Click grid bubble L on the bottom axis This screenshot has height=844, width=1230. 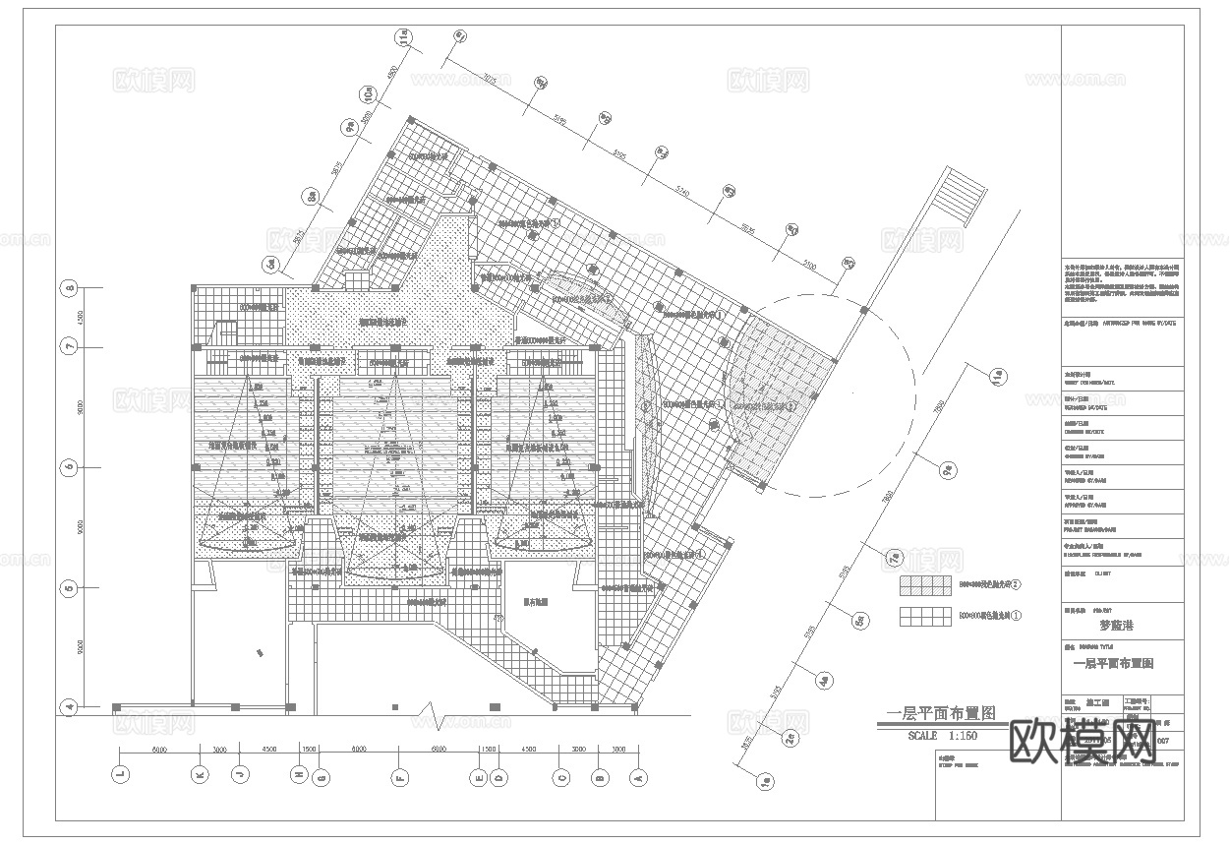120,775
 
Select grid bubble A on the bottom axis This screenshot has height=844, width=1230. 636,775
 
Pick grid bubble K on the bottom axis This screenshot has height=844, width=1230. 200,775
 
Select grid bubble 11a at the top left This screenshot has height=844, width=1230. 402,38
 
